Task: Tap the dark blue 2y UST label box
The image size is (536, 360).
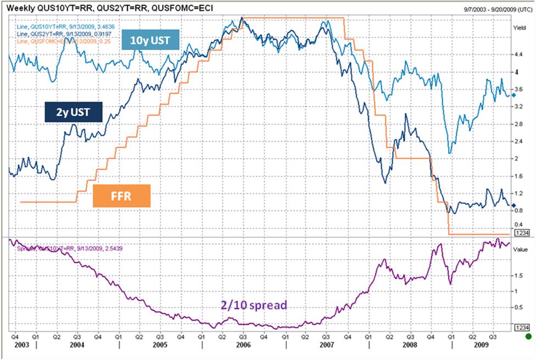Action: pos(74,113)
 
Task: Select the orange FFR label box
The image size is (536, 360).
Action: pos(121,196)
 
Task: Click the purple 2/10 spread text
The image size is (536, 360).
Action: pos(254,305)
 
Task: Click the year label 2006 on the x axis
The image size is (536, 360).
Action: pos(243,346)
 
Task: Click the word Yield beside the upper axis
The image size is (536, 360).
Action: pos(520,26)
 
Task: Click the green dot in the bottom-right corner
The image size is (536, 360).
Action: pos(528,336)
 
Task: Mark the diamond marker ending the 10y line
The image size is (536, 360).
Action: pos(513,95)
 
